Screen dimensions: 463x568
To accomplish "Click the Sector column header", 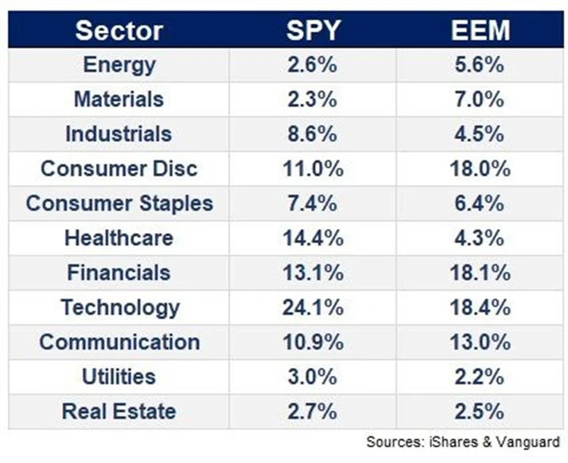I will click(x=119, y=30).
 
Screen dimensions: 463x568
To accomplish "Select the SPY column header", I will click(x=312, y=30).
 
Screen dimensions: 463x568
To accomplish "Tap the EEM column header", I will click(x=481, y=30).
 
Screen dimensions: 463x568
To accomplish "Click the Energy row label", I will click(x=119, y=65).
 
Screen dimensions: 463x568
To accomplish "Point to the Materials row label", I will click(x=119, y=99).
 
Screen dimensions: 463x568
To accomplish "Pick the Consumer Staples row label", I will click(x=119, y=203).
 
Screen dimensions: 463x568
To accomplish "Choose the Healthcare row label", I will click(x=119, y=238).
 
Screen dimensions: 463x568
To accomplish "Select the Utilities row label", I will click(x=119, y=377).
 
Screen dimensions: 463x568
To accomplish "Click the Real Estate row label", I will click(x=119, y=412).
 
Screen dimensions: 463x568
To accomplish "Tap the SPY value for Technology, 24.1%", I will click(x=312, y=308).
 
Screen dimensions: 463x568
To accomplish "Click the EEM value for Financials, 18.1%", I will click(x=480, y=273).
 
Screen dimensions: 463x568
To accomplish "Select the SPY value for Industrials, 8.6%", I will click(x=312, y=134).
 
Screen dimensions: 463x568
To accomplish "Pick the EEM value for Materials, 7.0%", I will click(x=480, y=99).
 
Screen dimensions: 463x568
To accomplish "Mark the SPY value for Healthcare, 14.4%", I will click(x=312, y=238).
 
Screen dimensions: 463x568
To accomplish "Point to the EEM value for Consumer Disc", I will click(x=480, y=169).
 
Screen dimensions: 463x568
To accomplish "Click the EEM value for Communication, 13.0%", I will click(x=480, y=342).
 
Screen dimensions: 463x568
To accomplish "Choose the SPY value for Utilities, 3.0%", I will click(x=312, y=377).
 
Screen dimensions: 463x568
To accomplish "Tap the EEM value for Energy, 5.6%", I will click(x=480, y=65).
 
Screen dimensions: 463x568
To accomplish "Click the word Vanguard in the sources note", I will click(x=531, y=441).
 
